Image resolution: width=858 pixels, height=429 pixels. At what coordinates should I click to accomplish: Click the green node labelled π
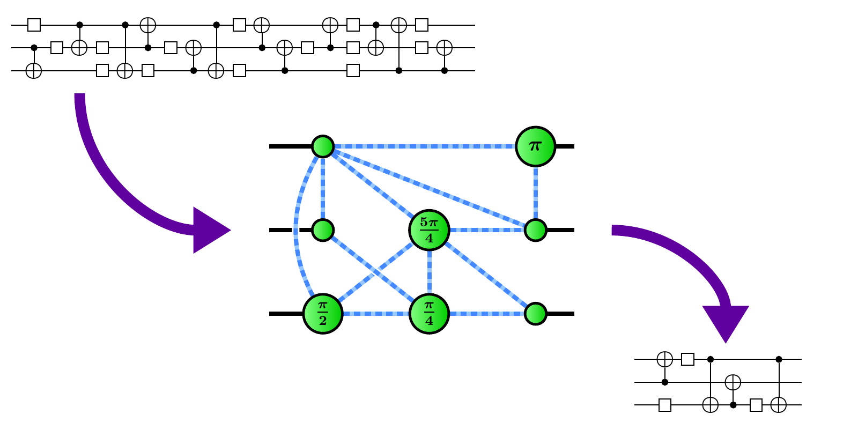535,146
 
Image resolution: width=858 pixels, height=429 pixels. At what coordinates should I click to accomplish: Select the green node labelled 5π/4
429,230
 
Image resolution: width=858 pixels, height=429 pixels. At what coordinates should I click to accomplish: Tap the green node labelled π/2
323,314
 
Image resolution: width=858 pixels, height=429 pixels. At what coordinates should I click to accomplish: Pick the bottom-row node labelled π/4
429,314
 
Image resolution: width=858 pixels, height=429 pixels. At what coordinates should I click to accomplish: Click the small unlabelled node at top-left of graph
323,146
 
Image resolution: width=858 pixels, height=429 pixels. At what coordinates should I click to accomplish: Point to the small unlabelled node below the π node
535,230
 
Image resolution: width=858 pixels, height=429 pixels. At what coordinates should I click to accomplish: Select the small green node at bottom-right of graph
535,314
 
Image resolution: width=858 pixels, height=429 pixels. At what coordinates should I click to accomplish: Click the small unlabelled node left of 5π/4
323,230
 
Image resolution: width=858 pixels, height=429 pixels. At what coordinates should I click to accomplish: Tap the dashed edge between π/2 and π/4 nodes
375,314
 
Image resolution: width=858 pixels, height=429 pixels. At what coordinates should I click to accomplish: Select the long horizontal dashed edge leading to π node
424,146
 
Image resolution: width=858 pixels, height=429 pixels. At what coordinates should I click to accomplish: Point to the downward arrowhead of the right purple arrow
725,322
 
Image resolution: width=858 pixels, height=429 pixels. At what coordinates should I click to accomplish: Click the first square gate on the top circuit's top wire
34,25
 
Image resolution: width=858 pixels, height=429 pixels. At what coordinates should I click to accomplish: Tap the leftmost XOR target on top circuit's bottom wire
34,70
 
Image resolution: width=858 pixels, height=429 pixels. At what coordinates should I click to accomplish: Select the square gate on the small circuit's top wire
687,359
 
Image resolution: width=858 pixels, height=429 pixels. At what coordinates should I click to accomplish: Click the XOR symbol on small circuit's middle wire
733,382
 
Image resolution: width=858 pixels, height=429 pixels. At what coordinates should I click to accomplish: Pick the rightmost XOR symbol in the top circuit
444,48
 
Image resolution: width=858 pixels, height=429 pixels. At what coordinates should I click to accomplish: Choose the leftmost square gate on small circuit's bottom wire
665,405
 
